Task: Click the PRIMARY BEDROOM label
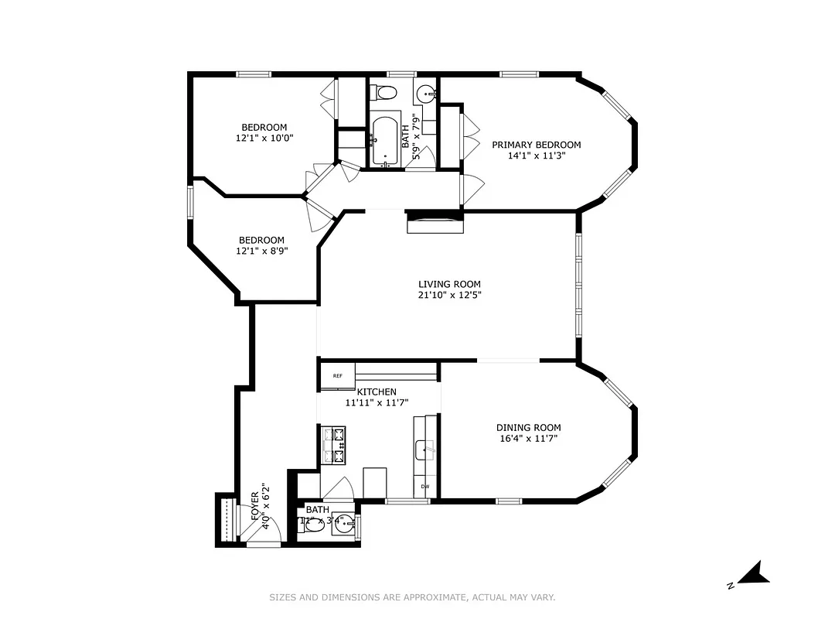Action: [x=536, y=145]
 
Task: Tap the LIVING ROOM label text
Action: [x=445, y=284]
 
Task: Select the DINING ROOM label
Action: [x=528, y=427]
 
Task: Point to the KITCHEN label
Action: [x=377, y=392]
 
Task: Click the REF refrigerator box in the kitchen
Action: [x=338, y=376]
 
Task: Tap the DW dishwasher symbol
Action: [x=425, y=486]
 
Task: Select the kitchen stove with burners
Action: [x=335, y=446]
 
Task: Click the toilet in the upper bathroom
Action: [x=384, y=93]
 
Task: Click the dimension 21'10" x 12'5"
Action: [x=445, y=295]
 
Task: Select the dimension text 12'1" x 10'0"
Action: [x=264, y=139]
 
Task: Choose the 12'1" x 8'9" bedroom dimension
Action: [x=261, y=251]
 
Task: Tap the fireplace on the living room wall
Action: [x=435, y=223]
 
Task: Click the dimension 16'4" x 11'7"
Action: [x=528, y=439]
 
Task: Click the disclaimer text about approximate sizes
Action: [x=412, y=597]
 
